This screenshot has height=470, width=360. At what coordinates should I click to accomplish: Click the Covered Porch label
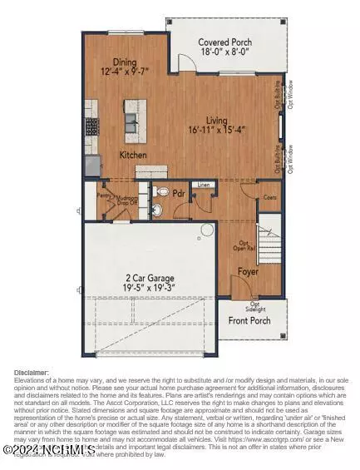224,42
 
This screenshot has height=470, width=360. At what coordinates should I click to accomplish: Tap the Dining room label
124,61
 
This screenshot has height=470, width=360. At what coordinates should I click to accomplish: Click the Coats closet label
270,197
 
